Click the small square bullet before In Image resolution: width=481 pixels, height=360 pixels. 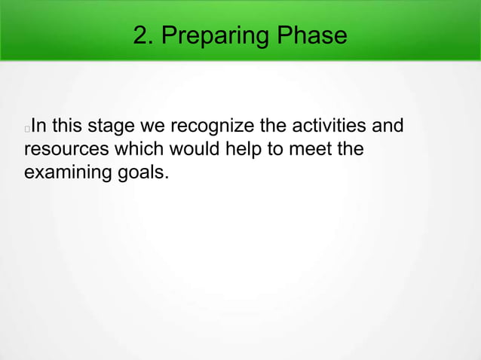[27, 128]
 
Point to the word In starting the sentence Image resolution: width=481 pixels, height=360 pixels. [39, 125]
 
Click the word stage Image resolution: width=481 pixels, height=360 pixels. [112, 126]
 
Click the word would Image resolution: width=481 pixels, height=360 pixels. [179, 148]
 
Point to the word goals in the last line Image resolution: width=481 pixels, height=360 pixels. [140, 172]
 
